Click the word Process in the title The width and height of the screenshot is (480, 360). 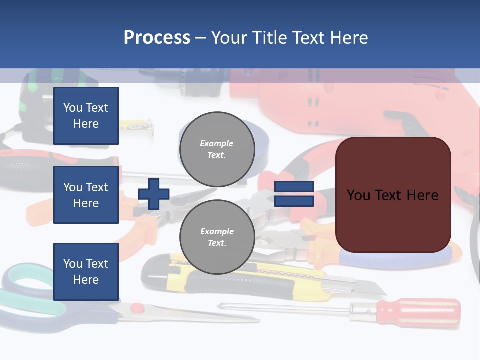157,38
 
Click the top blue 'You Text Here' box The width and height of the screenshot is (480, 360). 86,116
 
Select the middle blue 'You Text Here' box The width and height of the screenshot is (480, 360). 86,195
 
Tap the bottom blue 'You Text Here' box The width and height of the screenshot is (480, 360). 86,271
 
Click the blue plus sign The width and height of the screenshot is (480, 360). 154,194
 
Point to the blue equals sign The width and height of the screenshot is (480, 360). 294,194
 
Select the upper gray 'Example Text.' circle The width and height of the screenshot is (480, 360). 217,149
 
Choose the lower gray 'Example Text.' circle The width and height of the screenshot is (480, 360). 217,237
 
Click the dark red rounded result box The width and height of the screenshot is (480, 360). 393,195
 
